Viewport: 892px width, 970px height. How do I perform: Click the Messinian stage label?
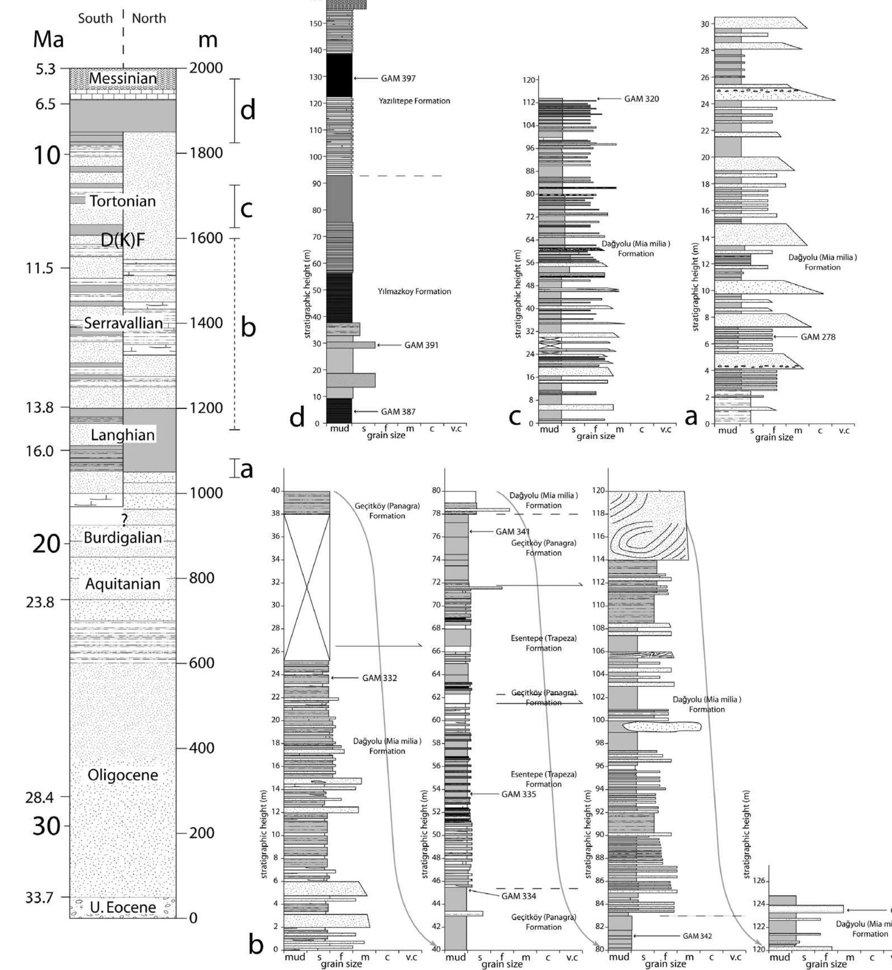(123, 78)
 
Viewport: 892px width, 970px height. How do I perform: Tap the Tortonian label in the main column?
(123, 201)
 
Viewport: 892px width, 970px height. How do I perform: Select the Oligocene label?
(123, 775)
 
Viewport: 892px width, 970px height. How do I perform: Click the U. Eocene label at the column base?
(125, 907)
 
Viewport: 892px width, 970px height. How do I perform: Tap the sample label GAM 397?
(398, 78)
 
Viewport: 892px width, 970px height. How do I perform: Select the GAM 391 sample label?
(421, 345)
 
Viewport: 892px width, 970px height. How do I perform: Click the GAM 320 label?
(641, 99)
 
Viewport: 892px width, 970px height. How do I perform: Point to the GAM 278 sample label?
(818, 337)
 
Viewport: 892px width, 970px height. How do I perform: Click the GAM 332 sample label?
(379, 678)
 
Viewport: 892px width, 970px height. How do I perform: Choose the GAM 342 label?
(697, 936)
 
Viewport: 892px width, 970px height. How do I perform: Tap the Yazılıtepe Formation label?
(414, 101)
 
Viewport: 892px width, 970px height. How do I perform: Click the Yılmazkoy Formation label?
(414, 291)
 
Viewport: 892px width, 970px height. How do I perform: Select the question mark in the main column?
(124, 520)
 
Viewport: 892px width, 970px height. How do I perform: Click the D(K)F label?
(123, 240)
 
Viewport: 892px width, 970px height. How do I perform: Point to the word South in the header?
(95, 18)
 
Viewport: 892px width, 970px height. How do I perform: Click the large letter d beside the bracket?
(248, 111)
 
